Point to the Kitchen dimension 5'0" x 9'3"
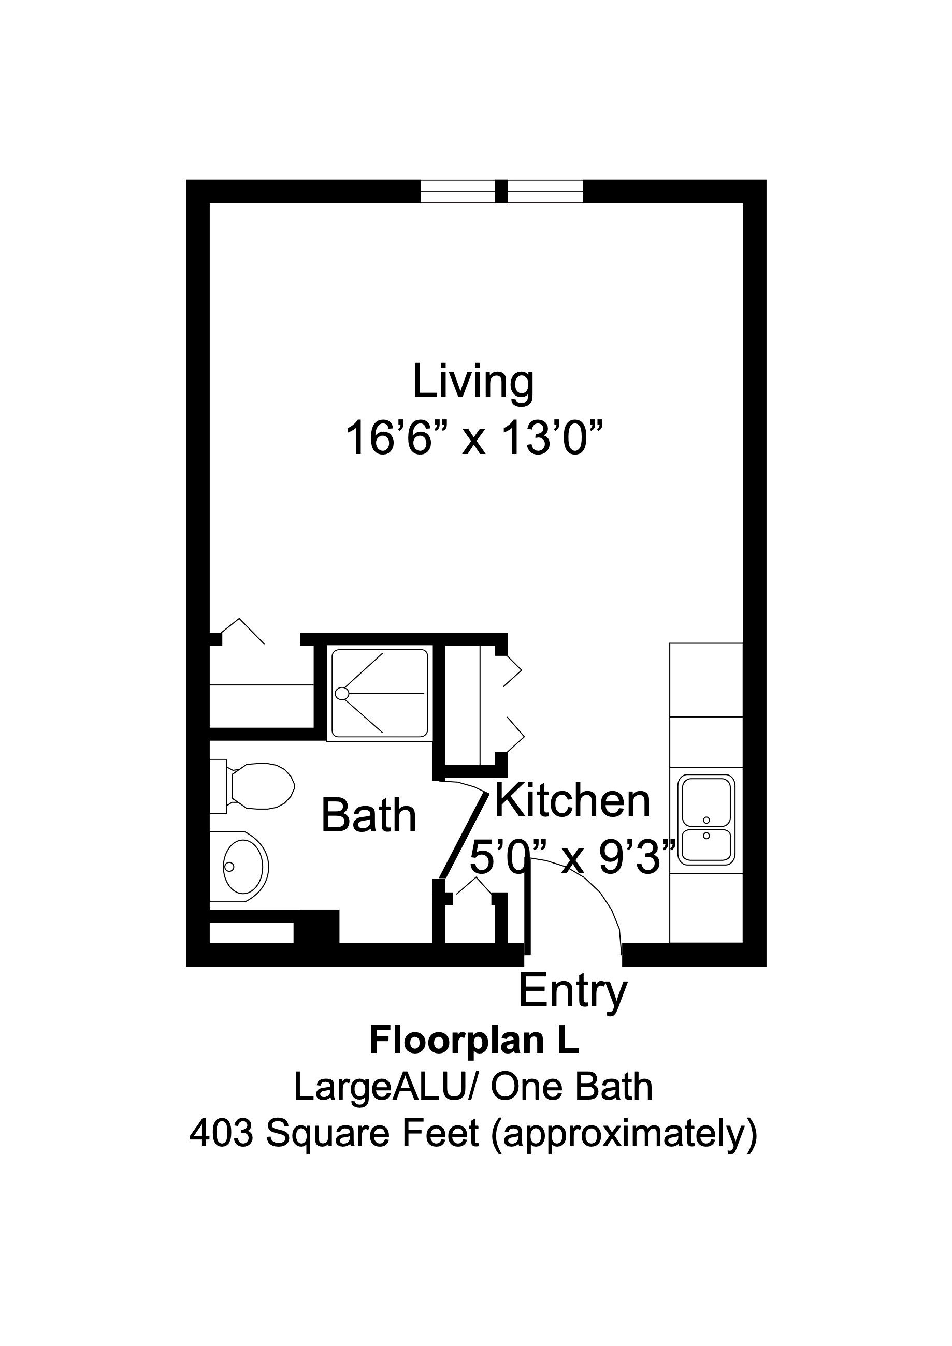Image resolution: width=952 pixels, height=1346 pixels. point(572,858)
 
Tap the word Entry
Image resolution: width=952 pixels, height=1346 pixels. point(572,991)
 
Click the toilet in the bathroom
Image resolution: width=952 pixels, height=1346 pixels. point(258,787)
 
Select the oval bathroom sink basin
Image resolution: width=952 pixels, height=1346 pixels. point(245,867)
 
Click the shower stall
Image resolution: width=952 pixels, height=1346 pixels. point(380,694)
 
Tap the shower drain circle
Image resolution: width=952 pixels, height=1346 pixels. point(341,694)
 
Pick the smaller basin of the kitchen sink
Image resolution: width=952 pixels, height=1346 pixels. point(706,844)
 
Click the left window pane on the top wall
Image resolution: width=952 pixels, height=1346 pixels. point(457,191)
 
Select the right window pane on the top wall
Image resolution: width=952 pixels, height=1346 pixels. point(545,191)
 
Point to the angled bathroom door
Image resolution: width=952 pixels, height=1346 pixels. point(464,836)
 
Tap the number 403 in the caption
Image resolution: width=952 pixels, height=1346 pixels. point(221,1134)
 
